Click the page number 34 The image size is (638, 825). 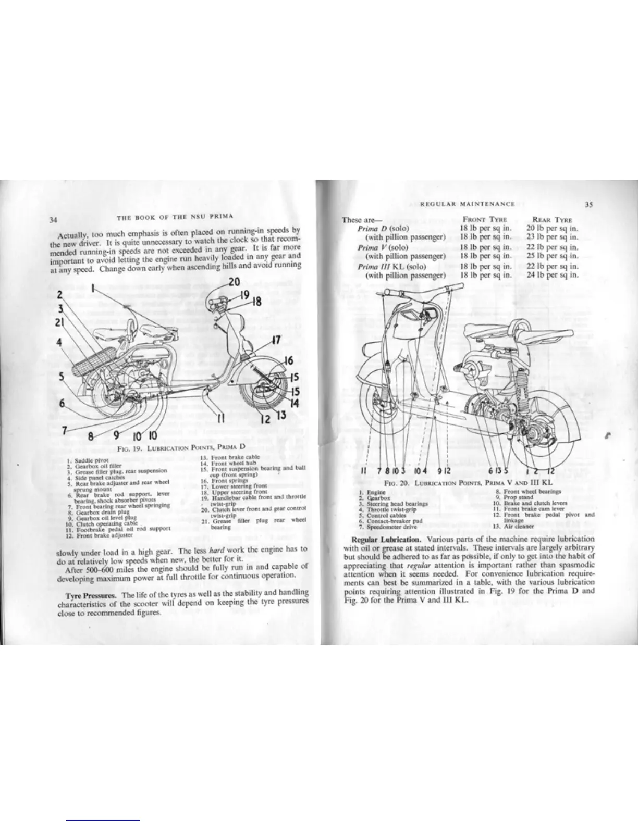pyautogui.click(x=53, y=219)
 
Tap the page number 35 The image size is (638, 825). pyautogui.click(x=588, y=204)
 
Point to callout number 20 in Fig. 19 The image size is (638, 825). pyautogui.click(x=234, y=283)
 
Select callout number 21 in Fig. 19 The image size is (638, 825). pyautogui.click(x=59, y=321)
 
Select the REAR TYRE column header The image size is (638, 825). pyautogui.click(x=552, y=220)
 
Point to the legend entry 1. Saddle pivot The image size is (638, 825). pyautogui.click(x=85, y=460)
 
